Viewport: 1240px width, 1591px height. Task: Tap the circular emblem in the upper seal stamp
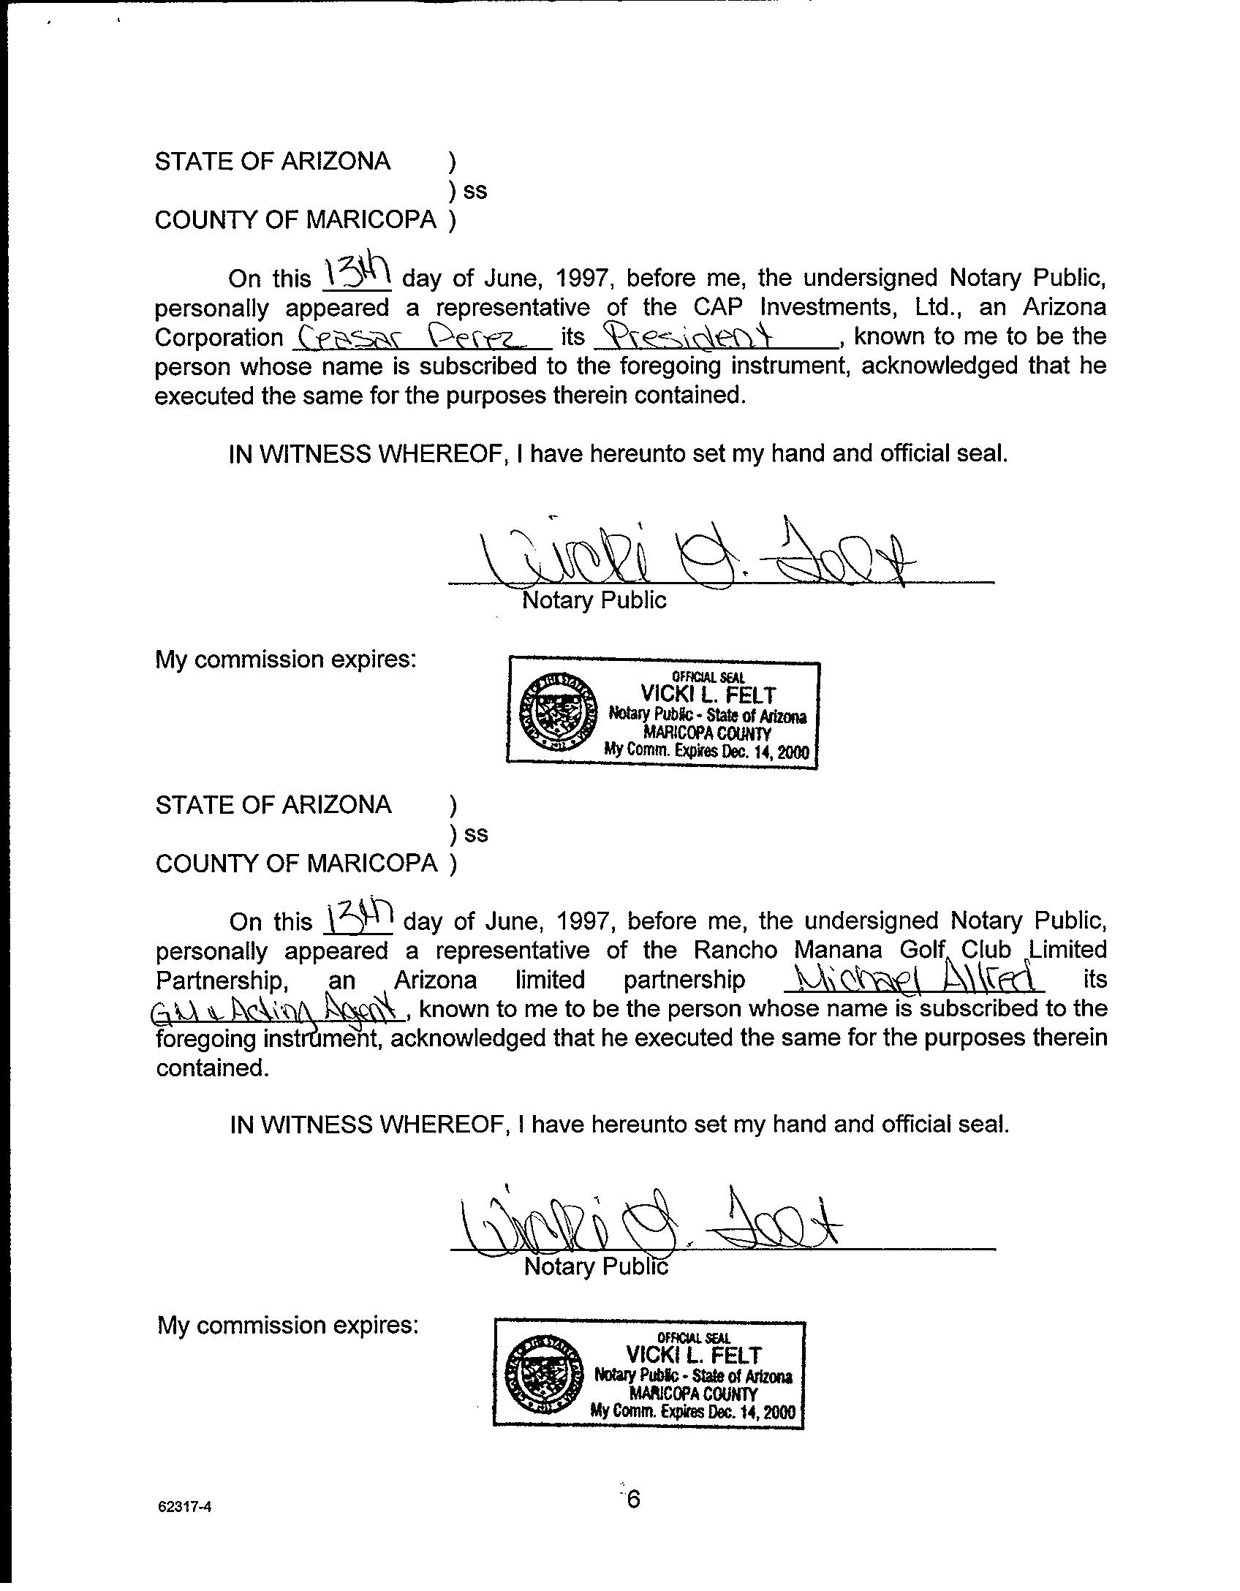556,714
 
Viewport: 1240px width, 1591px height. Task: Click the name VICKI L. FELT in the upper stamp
707,695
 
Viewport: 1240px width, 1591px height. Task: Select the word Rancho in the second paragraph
738,950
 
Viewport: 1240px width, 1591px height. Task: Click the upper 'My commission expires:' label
286,660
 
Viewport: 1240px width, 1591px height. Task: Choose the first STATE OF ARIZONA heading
273,161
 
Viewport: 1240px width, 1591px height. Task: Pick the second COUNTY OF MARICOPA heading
296,863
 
